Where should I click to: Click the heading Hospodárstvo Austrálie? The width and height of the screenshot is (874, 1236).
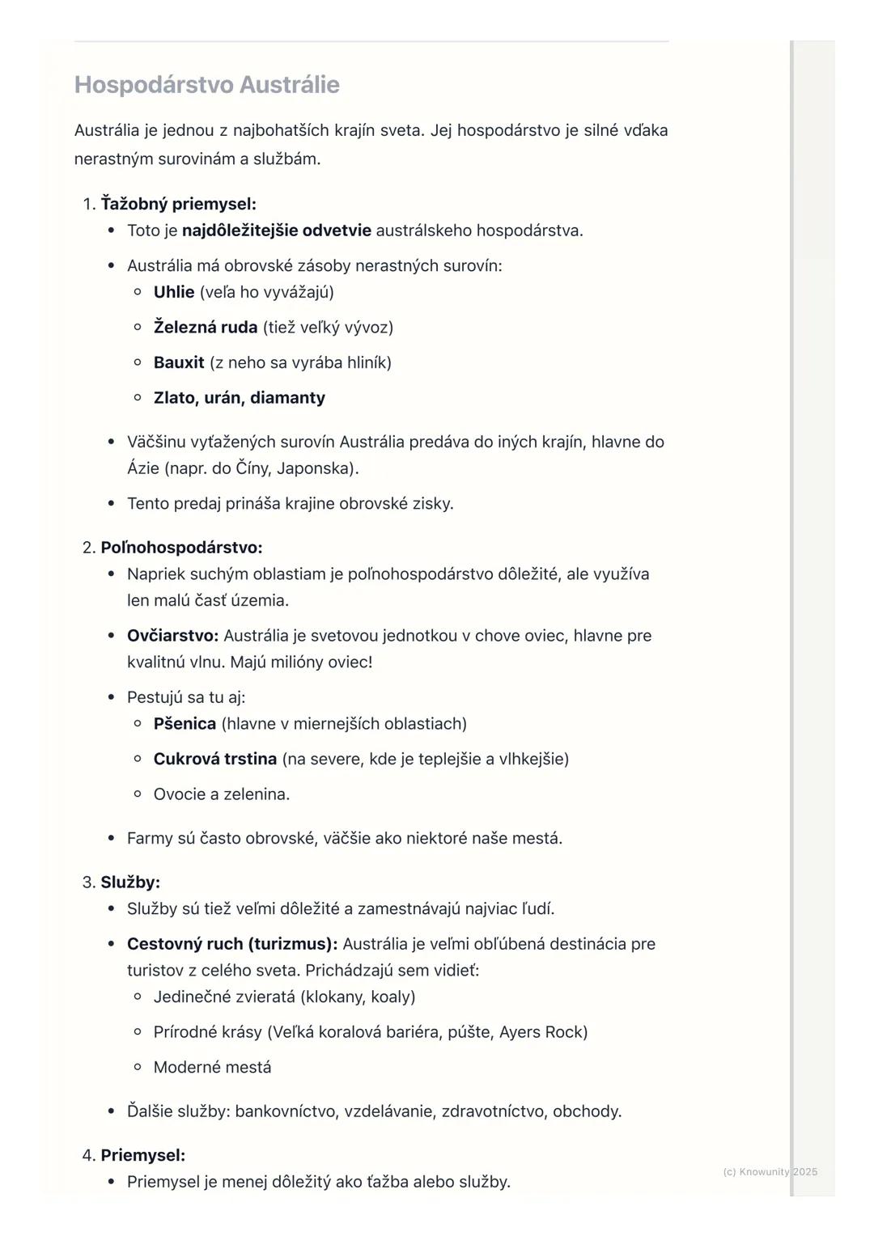point(206,85)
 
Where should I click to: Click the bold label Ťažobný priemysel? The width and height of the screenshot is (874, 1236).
point(178,204)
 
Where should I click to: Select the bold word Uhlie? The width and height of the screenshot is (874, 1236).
point(174,292)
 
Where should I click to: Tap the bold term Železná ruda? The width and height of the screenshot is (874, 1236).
point(206,328)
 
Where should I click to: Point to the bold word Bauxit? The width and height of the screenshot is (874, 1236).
point(179,362)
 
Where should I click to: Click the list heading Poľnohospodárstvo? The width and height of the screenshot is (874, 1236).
point(181,548)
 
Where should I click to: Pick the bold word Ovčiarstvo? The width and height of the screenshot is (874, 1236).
point(172,636)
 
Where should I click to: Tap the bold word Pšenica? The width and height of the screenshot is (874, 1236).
point(185,724)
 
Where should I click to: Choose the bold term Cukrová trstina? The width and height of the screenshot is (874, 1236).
point(215,759)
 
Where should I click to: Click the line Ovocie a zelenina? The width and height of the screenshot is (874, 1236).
point(222,794)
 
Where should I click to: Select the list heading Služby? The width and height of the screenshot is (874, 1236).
point(130,883)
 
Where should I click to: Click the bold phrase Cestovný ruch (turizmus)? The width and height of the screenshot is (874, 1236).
point(232,944)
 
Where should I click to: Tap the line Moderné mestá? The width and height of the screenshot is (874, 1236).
point(212,1068)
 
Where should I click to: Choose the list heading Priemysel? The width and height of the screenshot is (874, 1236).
point(142,1155)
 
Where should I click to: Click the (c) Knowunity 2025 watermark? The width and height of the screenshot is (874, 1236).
point(770,1172)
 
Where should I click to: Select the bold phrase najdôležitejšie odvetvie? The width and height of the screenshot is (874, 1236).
point(277,231)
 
